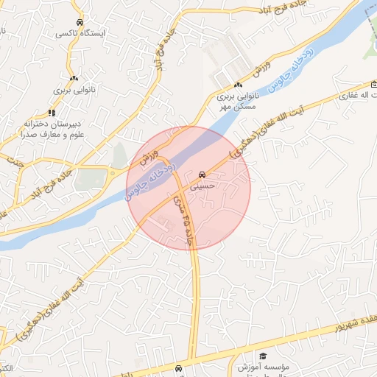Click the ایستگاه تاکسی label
(x=82, y=35)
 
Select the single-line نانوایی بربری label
(x=72, y=90)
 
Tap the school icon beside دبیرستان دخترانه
(x=52, y=113)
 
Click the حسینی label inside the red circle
(x=201, y=187)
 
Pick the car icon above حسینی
(x=201, y=175)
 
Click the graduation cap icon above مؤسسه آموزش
(x=264, y=355)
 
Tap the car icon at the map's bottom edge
(x=180, y=367)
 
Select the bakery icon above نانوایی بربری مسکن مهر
(x=238, y=85)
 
